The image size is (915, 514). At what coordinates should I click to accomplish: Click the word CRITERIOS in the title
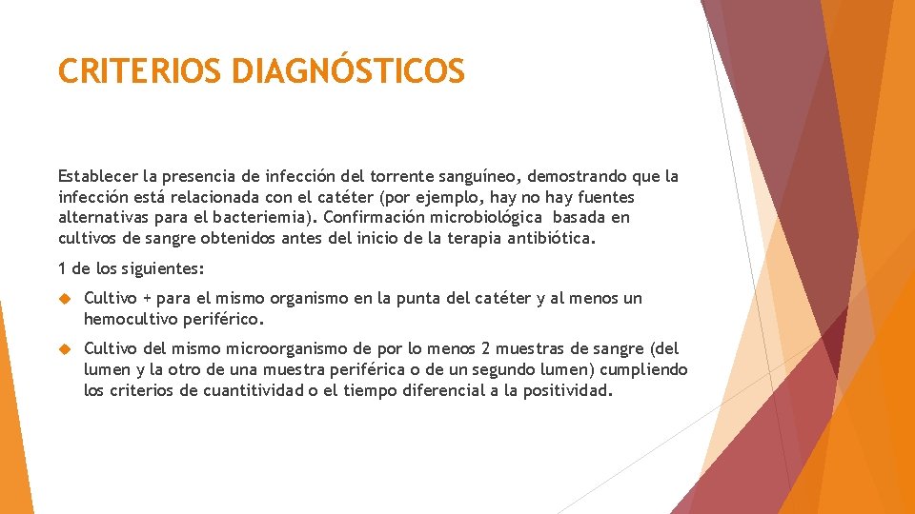point(139,71)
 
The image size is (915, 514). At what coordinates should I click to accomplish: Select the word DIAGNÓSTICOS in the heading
point(348,71)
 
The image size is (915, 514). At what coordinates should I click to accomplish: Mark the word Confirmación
point(374,217)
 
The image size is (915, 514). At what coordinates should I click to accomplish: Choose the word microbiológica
point(486,217)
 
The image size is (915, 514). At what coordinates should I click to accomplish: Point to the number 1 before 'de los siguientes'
point(63,268)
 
